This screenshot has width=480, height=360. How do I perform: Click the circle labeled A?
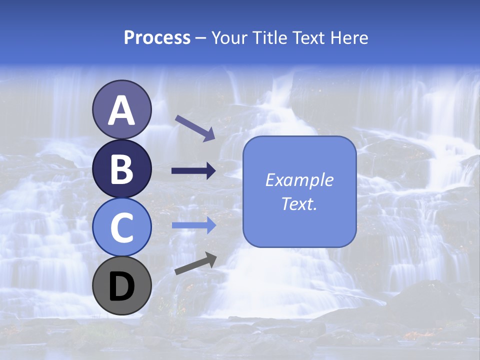click(121, 109)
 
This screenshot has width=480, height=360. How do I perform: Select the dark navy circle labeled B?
click(121, 168)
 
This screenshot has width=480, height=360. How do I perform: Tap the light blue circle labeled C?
click(121, 227)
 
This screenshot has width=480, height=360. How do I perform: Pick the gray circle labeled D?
click(121, 285)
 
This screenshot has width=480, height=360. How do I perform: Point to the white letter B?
click(121, 169)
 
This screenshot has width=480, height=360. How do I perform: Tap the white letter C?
click(121, 227)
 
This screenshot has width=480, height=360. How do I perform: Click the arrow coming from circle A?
click(194, 127)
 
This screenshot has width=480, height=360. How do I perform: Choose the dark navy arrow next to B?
click(193, 171)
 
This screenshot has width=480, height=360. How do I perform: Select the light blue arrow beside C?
click(193, 225)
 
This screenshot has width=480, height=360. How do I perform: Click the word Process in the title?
click(157, 37)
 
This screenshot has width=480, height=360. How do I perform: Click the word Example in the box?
click(299, 180)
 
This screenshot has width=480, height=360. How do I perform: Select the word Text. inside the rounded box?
click(299, 203)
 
